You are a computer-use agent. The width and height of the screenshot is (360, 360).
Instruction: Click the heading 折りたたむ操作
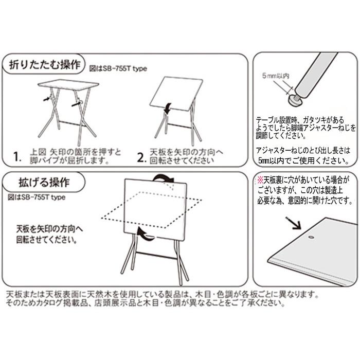point(45,64)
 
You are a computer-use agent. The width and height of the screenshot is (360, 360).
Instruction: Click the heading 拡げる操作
point(44,182)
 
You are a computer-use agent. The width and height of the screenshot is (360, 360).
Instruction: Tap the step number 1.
point(17,157)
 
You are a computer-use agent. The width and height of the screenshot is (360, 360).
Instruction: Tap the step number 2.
point(141,157)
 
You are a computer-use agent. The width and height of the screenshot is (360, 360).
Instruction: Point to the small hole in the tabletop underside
point(312,238)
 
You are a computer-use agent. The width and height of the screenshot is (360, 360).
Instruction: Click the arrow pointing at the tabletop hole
point(293,223)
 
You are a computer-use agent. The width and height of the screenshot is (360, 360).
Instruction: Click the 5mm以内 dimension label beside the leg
point(276,76)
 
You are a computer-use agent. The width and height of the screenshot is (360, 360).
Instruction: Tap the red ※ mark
point(260,181)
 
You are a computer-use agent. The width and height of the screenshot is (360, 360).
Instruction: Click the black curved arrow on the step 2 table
point(168,107)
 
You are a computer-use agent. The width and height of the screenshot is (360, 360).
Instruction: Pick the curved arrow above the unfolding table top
point(163,178)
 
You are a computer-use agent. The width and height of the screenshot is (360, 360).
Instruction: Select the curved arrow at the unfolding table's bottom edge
point(145,235)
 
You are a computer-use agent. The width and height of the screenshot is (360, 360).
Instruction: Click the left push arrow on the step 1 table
point(47,99)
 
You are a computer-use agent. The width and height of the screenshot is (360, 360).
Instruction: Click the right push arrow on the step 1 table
point(76,104)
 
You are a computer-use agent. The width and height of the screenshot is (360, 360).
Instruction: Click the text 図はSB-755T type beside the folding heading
point(118,68)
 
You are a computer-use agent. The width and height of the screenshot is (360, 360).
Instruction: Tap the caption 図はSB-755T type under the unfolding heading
point(37,197)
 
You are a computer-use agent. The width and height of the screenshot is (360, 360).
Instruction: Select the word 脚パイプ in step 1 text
point(44,160)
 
